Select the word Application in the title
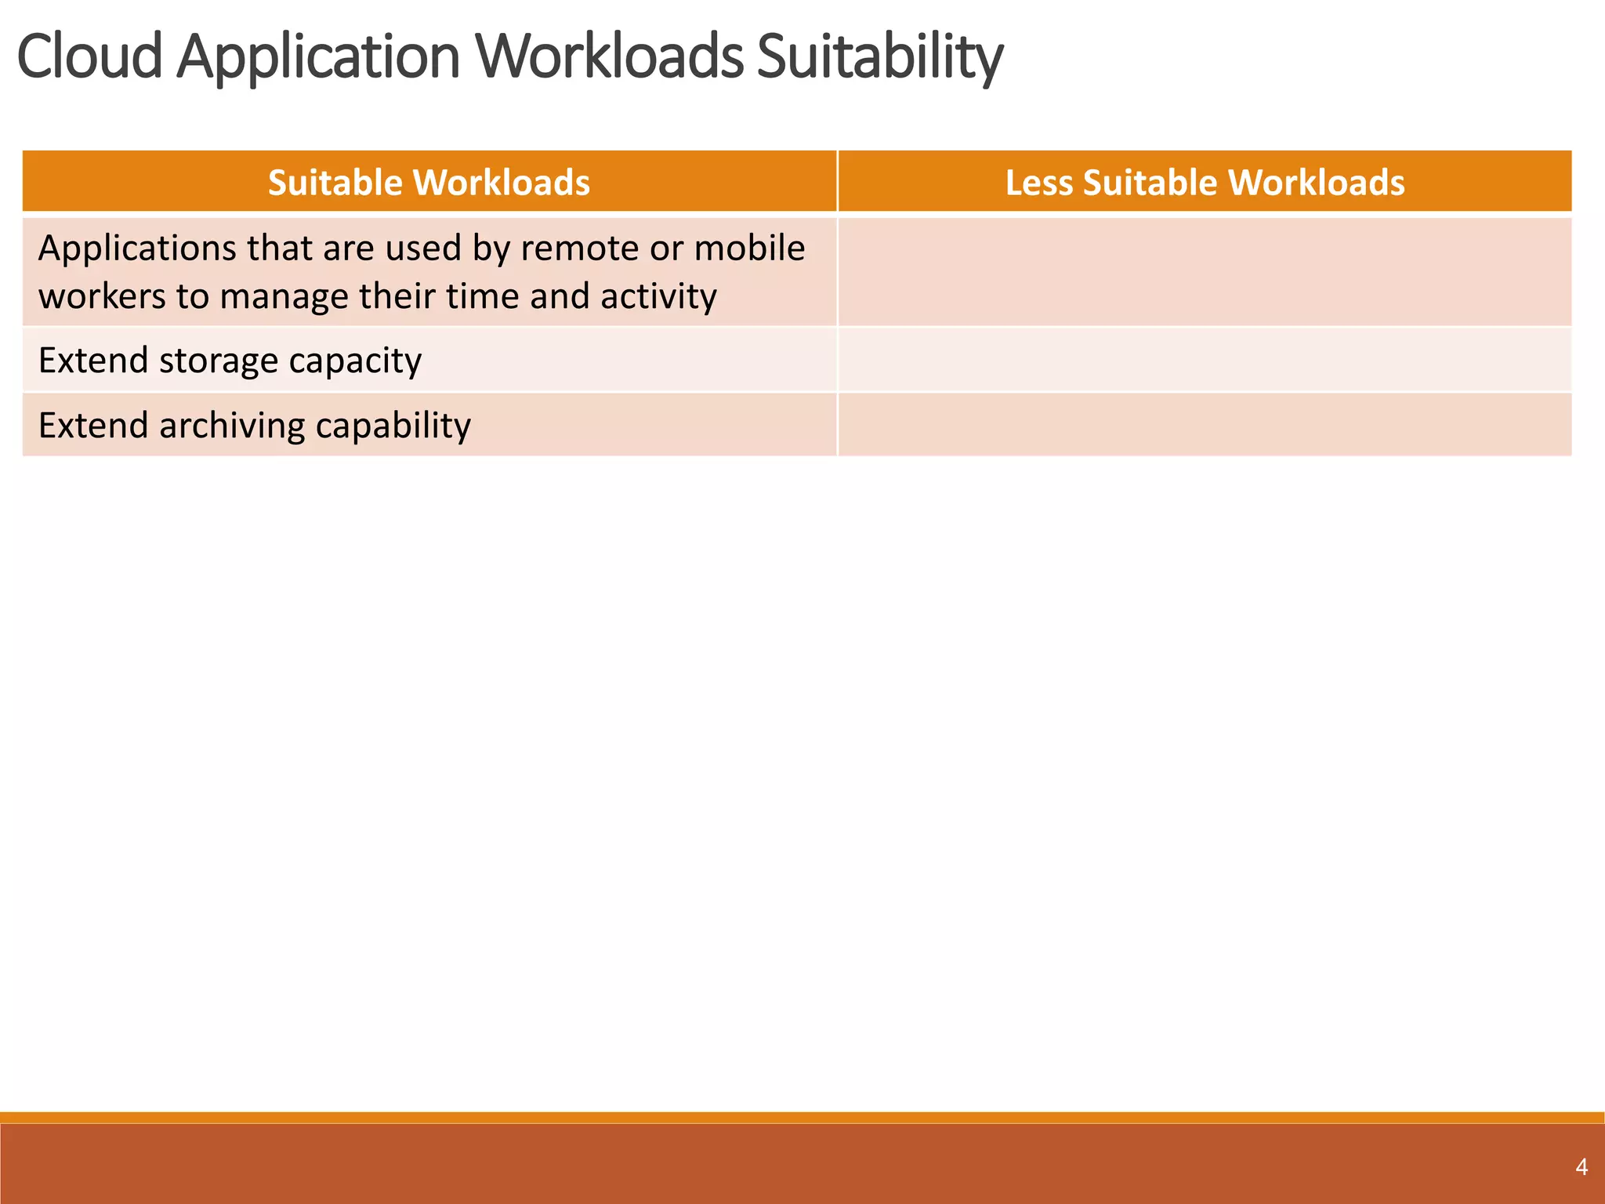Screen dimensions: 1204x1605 (x=317, y=56)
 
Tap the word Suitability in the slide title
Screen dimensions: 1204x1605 (x=879, y=56)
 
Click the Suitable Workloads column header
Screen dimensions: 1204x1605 (x=429, y=183)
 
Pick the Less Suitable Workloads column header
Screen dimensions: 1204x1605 (x=1205, y=183)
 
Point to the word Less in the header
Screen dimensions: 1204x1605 (x=1038, y=183)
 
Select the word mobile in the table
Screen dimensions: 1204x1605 (x=749, y=248)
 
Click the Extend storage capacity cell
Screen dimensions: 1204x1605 (x=429, y=361)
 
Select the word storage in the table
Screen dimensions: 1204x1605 (x=218, y=361)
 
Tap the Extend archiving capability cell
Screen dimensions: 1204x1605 (x=429, y=425)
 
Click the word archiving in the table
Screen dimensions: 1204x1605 (x=231, y=426)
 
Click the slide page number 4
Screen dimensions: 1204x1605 (x=1581, y=1167)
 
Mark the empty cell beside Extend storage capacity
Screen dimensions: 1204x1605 (x=1205, y=361)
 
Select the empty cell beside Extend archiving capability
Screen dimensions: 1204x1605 (x=1205, y=425)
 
